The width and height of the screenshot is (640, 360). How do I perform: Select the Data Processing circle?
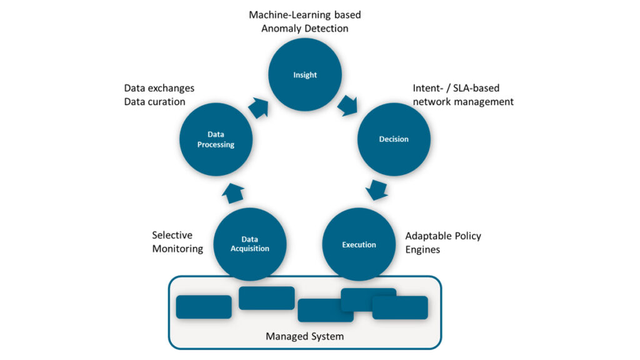216,139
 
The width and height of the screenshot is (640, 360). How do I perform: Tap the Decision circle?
394,139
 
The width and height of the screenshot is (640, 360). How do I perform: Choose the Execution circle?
359,244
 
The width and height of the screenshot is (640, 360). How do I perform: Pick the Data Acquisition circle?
250,244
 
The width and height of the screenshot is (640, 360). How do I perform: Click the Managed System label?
304,336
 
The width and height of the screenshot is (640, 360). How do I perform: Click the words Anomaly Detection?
305,28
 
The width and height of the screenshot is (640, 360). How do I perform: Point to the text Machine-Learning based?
305,14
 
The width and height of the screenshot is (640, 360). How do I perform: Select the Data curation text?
154,102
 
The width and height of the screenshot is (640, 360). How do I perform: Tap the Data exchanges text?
159,88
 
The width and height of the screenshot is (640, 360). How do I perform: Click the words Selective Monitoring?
177,242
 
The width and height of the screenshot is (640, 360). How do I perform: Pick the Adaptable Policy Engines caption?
443,242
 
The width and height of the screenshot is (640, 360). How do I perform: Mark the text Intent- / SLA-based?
456,88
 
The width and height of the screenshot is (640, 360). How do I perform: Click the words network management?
463,101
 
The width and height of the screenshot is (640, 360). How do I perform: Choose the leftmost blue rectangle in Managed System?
204,307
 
